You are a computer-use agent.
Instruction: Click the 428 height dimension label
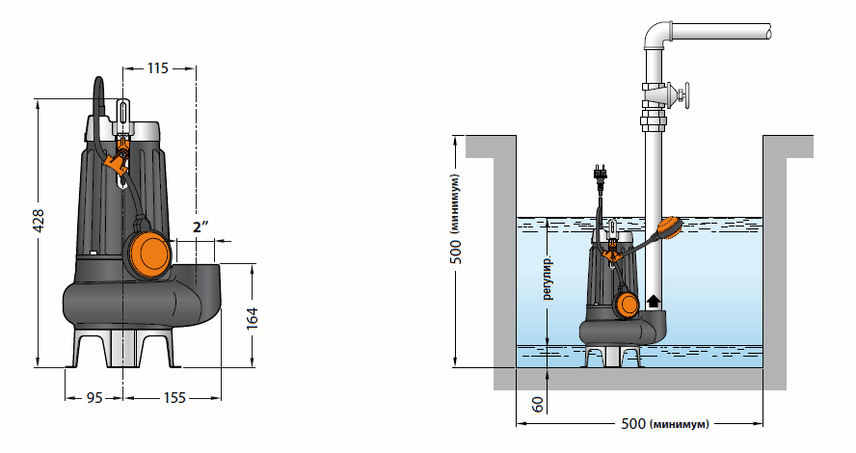39,221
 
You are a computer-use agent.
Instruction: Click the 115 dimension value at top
158,68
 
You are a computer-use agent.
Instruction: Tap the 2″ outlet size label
201,227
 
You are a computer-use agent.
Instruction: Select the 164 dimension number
252,318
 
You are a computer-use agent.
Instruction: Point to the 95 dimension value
94,398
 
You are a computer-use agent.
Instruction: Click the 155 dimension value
174,398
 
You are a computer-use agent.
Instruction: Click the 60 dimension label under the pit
538,404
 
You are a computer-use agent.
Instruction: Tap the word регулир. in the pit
548,278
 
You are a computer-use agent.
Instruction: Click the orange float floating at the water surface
669,226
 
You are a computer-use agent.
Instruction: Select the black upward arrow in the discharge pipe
653,301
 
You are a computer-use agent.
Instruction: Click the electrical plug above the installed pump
600,174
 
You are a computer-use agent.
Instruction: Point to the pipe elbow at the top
657,35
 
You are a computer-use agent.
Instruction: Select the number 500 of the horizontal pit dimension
633,423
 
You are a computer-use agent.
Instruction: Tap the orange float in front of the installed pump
627,304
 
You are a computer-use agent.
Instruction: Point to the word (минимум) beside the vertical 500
456,203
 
